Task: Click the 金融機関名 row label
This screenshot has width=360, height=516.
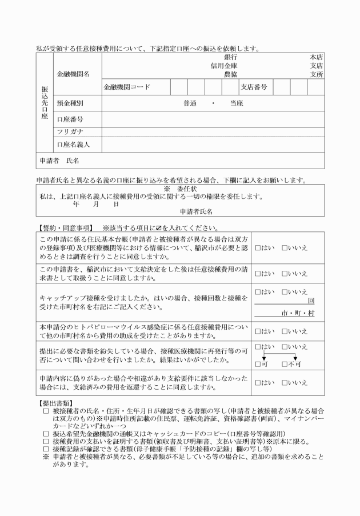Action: pyautogui.click(x=73, y=74)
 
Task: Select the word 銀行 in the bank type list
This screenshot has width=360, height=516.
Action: pyautogui.click(x=231, y=57)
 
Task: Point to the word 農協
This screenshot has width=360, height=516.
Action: pyautogui.click(x=231, y=74)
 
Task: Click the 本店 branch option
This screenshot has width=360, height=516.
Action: pyautogui.click(x=317, y=57)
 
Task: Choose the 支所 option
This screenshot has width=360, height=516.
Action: pyautogui.click(x=317, y=74)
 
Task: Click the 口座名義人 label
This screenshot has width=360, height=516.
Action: pyautogui.click(x=73, y=145)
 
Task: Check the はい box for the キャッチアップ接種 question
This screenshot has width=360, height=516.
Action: pyautogui.click(x=258, y=291)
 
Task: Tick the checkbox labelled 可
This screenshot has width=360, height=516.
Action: pyautogui.click(x=258, y=364)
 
